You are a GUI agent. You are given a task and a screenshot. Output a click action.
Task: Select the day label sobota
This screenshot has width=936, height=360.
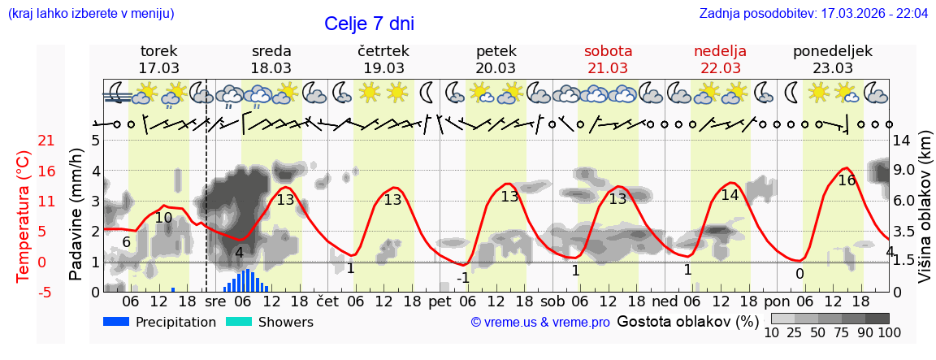click(608, 51)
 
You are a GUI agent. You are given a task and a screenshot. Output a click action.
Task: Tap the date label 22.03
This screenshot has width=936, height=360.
click(720, 68)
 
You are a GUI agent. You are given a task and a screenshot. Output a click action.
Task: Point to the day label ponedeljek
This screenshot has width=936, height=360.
click(832, 51)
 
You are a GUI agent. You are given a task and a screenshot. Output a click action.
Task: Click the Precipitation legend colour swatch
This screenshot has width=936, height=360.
click(116, 322)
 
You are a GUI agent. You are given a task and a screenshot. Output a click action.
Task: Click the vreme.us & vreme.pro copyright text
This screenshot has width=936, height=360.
click(540, 323)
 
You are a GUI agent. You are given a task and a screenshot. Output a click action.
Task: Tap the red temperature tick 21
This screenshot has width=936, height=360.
click(24, 141)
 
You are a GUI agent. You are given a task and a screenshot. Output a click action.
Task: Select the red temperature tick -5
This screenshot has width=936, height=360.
click(24, 292)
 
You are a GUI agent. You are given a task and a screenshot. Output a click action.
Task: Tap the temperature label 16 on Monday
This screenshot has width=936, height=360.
click(847, 180)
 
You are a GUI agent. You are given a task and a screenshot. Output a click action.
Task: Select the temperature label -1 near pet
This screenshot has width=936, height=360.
click(462, 278)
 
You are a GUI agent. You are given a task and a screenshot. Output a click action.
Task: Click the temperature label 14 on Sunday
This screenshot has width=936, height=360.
click(730, 195)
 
